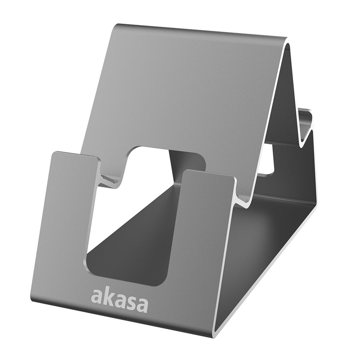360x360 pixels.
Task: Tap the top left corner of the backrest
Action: (117, 27)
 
